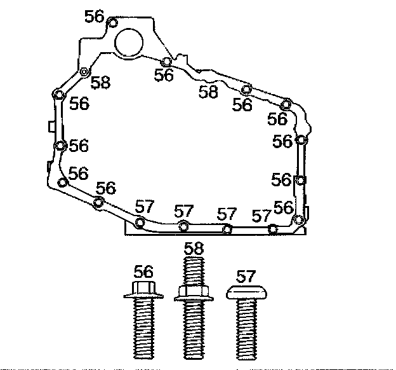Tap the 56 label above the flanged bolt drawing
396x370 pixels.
click(145, 270)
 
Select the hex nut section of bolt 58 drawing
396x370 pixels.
click(194, 292)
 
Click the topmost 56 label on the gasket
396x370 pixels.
click(95, 16)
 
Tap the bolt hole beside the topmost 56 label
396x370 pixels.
click(112, 24)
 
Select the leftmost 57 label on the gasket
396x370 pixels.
click(145, 206)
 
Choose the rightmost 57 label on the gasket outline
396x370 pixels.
click(261, 215)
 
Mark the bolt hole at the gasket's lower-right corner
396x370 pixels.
click(298, 220)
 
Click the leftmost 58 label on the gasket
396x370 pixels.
click(100, 82)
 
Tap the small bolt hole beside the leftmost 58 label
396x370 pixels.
click(84, 71)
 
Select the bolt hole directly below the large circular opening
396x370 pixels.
click(165, 62)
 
